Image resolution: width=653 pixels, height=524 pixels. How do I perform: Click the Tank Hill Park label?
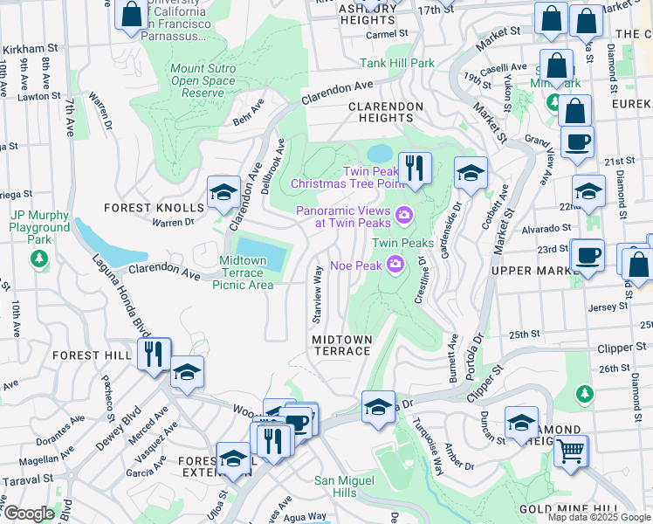pos(397,63)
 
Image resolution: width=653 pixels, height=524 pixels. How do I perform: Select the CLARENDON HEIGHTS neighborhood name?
pos(385,107)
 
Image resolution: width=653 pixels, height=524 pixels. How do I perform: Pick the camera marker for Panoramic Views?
pos(404,214)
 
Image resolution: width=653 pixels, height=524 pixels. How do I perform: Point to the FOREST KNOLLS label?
pos(154,208)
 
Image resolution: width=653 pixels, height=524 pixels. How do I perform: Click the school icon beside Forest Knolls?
pos(223,192)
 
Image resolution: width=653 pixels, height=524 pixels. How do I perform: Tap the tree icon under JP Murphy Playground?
pos(38,258)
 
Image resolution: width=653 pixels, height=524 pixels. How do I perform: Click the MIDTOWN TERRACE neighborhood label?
pos(342,345)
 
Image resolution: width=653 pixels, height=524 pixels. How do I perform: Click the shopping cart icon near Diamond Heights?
pos(571,451)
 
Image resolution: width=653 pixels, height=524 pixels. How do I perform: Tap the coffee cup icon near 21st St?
pos(577,141)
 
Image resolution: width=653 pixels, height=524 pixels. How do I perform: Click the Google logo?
pos(29,514)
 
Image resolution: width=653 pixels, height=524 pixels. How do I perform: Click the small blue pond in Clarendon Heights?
pos(380,155)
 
